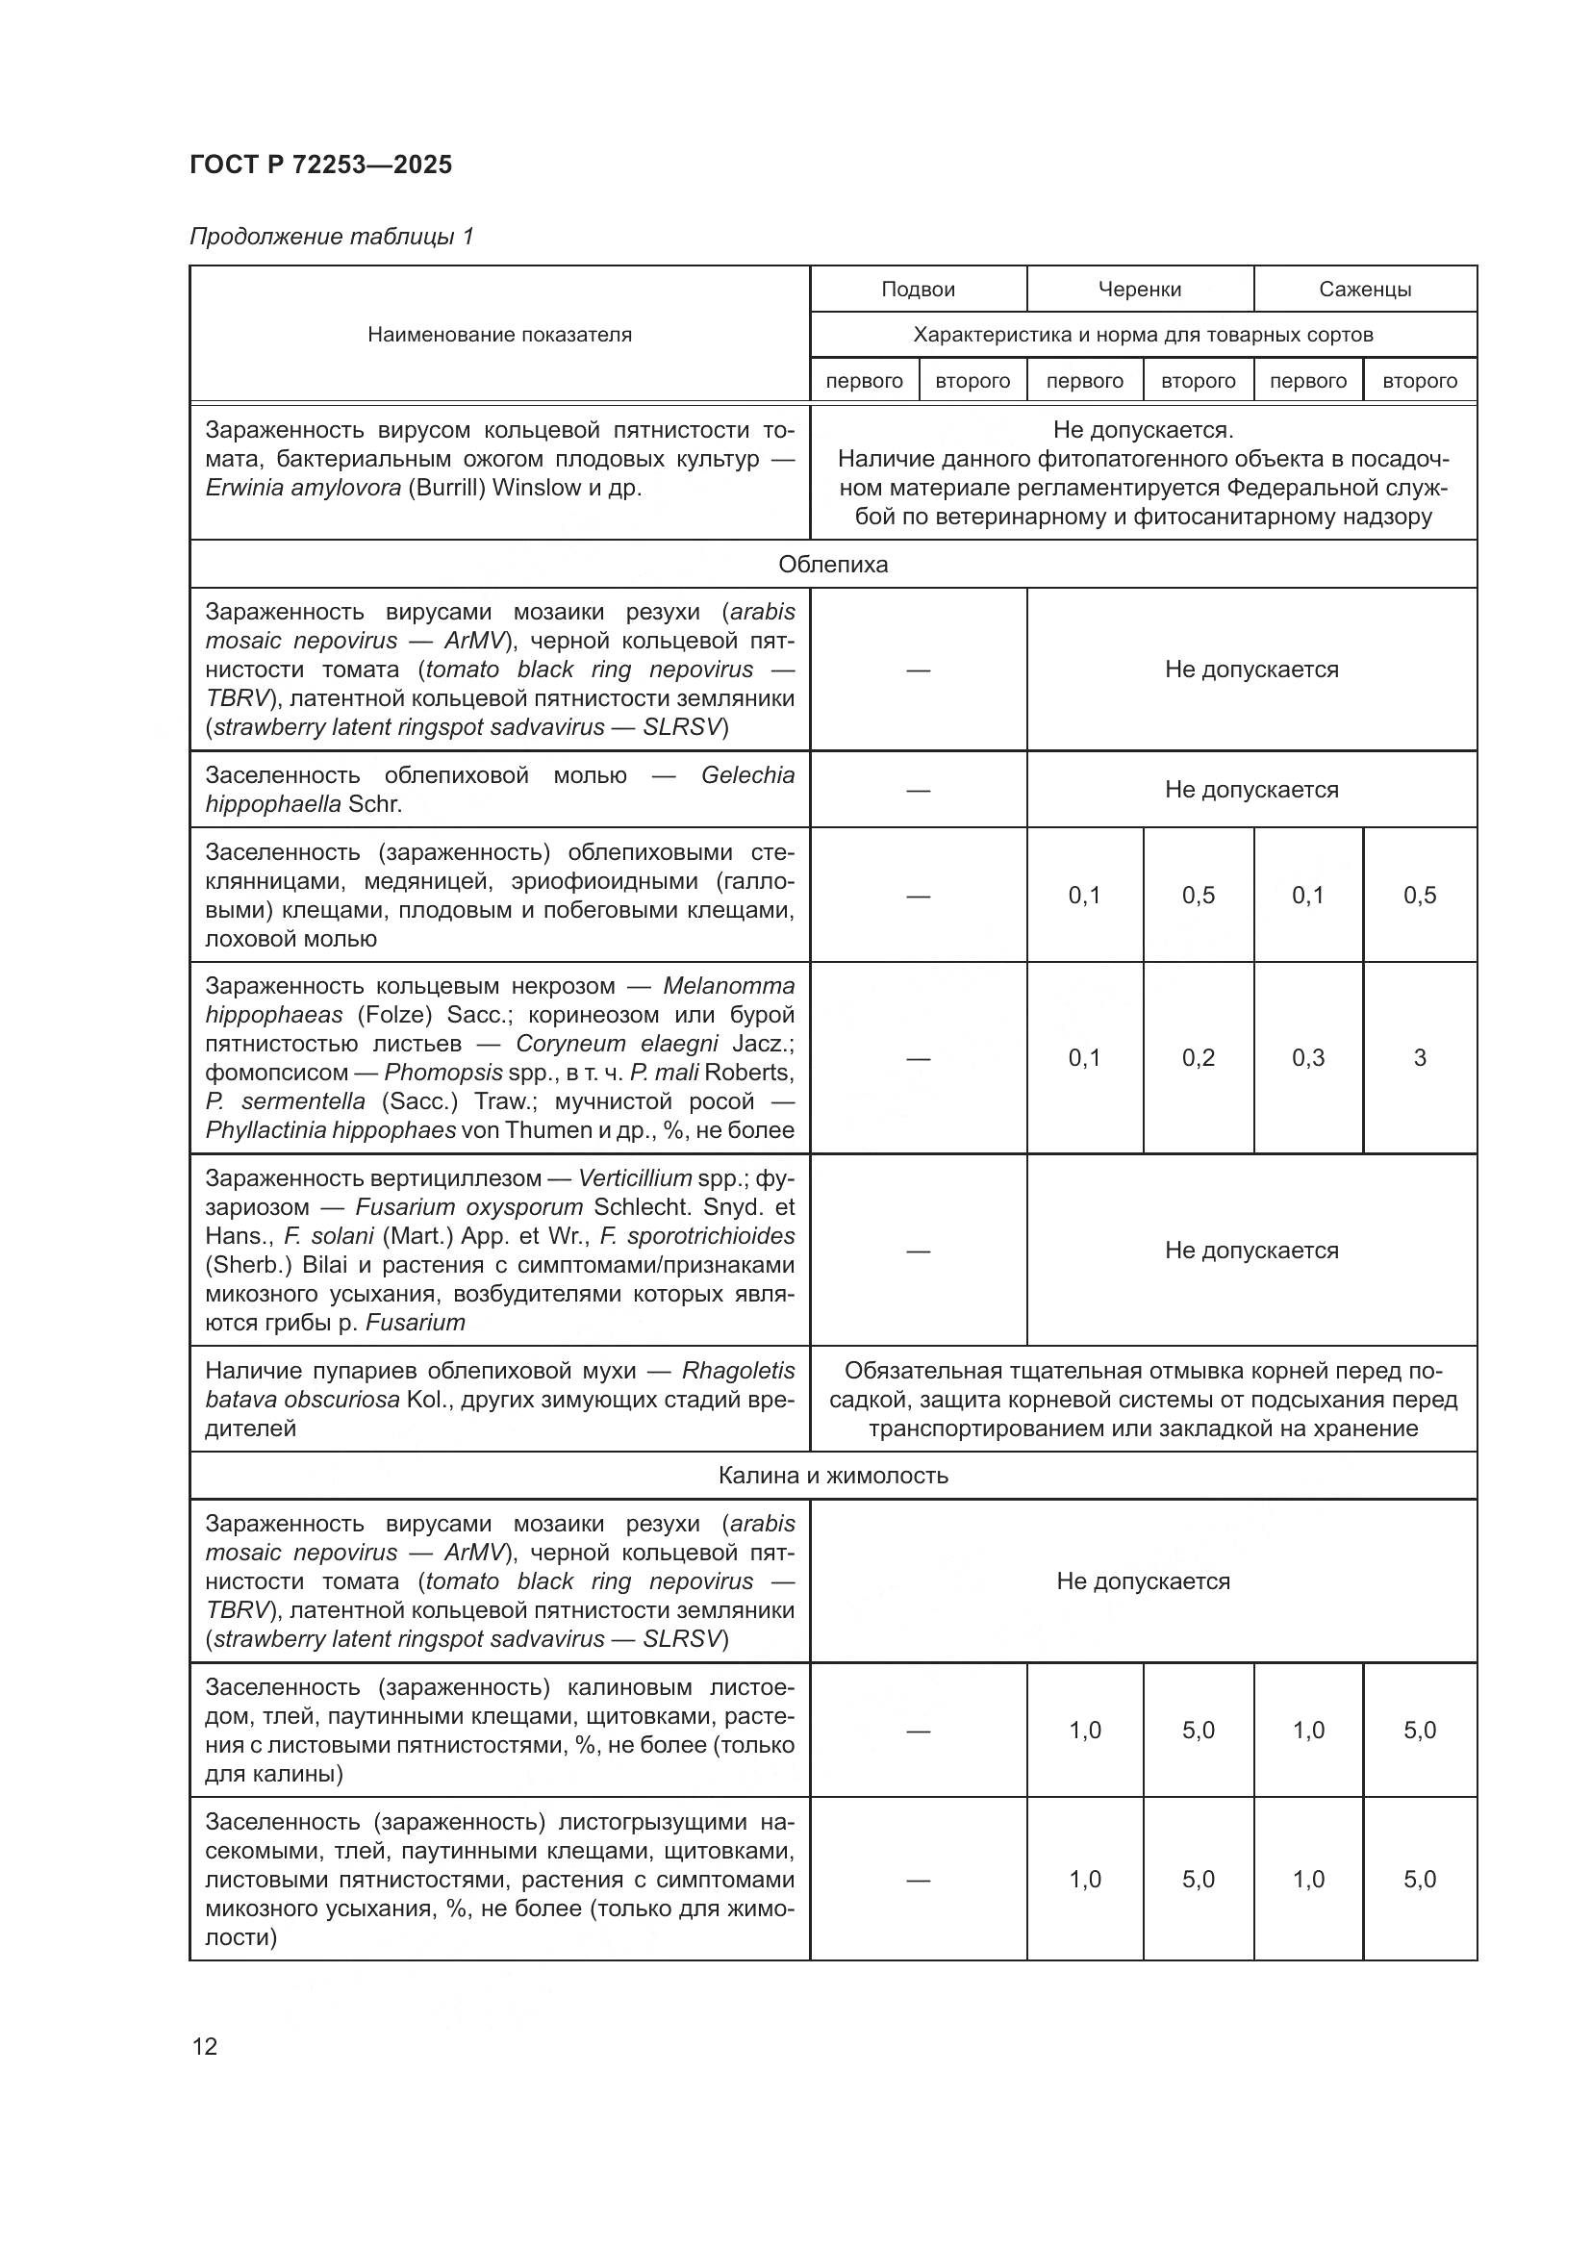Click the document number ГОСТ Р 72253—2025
320,164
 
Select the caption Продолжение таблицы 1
331,237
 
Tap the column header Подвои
917,290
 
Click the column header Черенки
1138,290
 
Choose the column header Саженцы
1364,290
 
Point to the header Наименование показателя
498,334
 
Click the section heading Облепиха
832,565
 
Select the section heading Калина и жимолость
832,1476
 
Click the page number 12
205,2046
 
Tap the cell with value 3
1419,1057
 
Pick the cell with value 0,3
1307,1057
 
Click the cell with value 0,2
1198,1057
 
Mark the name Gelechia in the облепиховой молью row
747,775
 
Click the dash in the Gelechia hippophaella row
917,790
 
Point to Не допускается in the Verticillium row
1250,1251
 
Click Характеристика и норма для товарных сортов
1143,335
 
